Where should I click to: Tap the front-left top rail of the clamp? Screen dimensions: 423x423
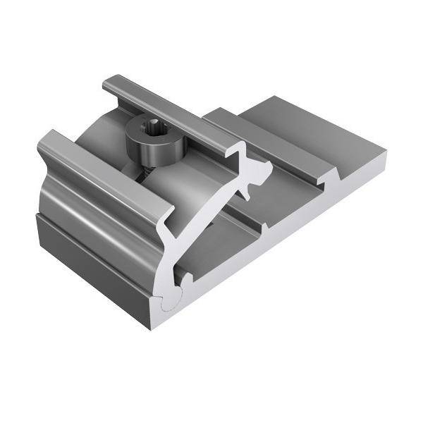point(106,173)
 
